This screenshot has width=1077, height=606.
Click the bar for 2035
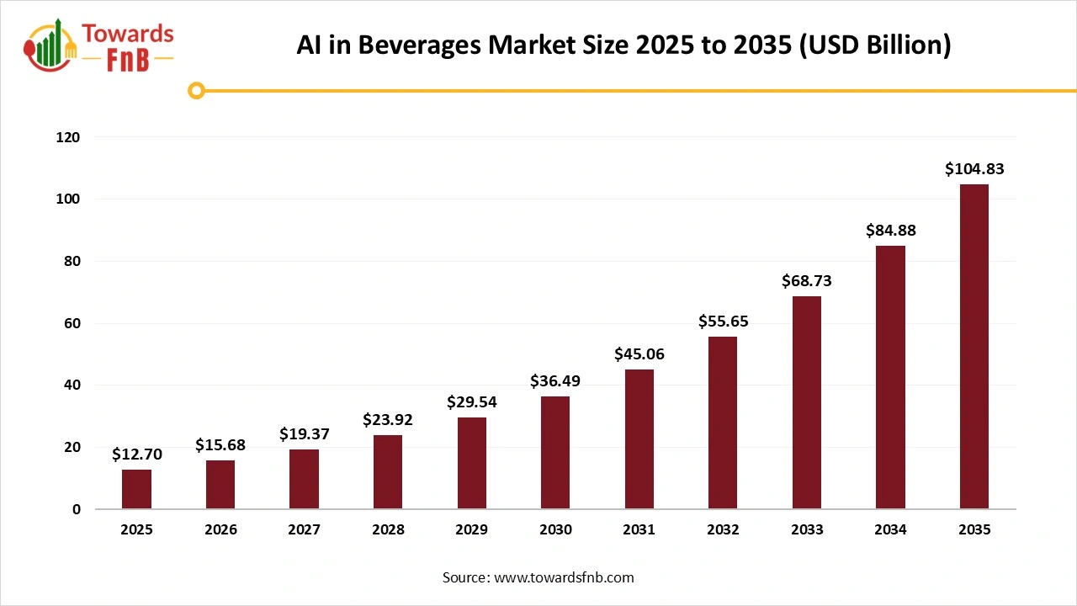click(x=974, y=346)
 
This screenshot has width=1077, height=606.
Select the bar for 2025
click(x=136, y=489)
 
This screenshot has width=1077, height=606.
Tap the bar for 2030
click(x=555, y=452)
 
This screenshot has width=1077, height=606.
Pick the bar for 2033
click(x=806, y=402)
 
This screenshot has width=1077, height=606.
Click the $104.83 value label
click(x=974, y=169)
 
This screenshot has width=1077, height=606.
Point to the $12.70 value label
click(x=136, y=454)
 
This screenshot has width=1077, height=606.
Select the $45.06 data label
click(x=639, y=354)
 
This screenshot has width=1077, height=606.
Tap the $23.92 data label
click(x=388, y=419)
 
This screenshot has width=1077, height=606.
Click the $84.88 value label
click(x=890, y=231)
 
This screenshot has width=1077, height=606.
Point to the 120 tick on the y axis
click(x=68, y=137)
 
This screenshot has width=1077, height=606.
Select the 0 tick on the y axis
click(x=76, y=509)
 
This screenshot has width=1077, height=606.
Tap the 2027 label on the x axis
click(x=304, y=530)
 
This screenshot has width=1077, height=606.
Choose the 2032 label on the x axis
click(x=723, y=530)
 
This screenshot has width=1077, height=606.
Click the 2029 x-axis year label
click(x=471, y=530)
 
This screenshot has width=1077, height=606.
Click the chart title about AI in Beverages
click(x=623, y=45)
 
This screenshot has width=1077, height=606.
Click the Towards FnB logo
click(x=100, y=45)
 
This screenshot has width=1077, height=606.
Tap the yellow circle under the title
click(x=196, y=90)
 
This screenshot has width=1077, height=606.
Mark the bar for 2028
click(x=388, y=471)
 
